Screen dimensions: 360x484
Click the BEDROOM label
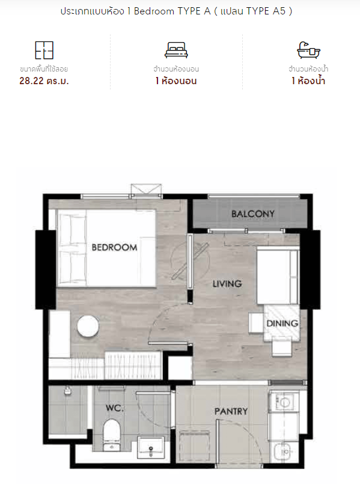114,247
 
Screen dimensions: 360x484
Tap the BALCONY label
253,213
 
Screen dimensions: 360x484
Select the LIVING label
227,284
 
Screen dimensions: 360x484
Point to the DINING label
282,323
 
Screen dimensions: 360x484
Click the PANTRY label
231,411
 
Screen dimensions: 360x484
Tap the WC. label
114,408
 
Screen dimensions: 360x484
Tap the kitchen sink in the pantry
284,452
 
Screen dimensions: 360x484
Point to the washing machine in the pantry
284,401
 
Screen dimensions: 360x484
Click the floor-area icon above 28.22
44,50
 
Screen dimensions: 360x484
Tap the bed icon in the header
176,50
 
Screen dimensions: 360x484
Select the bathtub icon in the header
308,50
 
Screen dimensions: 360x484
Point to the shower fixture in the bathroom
67,391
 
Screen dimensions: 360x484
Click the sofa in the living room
278,275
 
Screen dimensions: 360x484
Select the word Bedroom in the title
154,11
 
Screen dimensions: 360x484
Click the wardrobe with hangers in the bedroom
133,365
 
